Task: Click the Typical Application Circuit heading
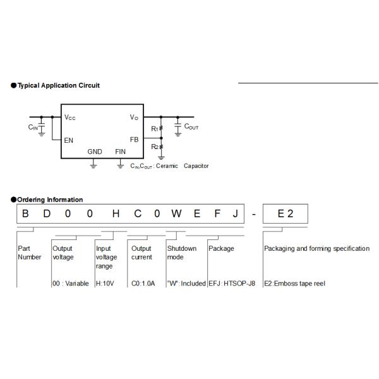[x=58, y=85]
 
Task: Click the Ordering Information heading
[x=49, y=200]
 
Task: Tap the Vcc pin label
[x=70, y=117]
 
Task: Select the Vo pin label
[x=134, y=117]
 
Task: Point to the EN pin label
[x=68, y=140]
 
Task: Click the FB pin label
[x=134, y=140]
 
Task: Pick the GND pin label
[x=94, y=152]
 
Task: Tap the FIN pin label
[x=121, y=152]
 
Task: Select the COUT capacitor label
[x=191, y=127]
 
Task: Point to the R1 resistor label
[x=154, y=129]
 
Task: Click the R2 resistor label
[x=154, y=147]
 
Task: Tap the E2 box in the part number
[x=286, y=214]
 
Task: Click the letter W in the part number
[x=176, y=214]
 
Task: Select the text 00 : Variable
[x=70, y=284]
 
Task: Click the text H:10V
[x=105, y=284]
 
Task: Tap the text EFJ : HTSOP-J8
[x=232, y=284]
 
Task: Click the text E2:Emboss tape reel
[x=294, y=284]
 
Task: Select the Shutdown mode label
[x=182, y=253]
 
